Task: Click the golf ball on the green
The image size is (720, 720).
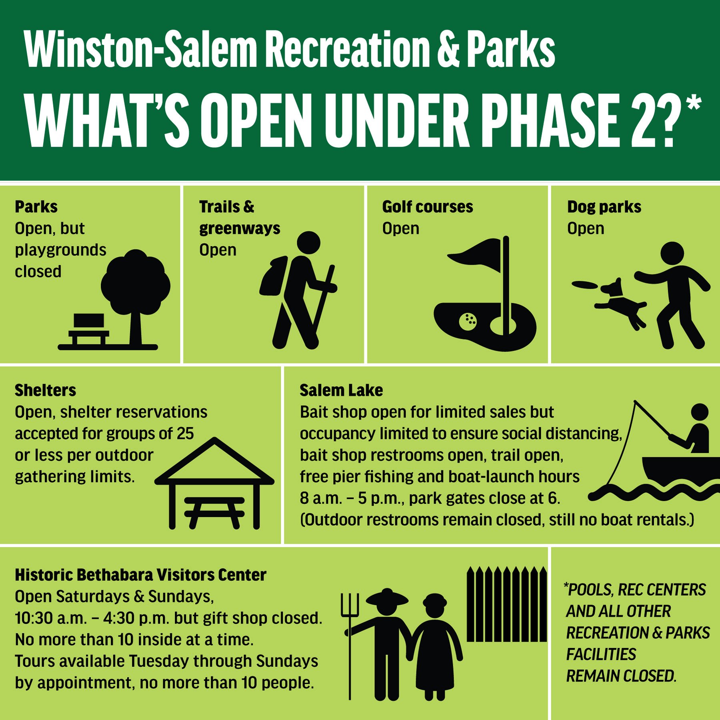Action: [x=468, y=322]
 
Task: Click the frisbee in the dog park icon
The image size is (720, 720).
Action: [x=584, y=285]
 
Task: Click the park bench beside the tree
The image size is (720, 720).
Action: [x=89, y=329]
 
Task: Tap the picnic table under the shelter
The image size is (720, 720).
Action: [x=214, y=512]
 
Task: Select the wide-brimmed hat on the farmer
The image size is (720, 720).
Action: [x=387, y=597]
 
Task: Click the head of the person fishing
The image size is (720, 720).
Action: [x=700, y=412]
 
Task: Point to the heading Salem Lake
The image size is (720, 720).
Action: [x=341, y=390]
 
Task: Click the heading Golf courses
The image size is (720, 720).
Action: [x=428, y=207]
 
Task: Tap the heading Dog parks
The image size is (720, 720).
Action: [x=604, y=207]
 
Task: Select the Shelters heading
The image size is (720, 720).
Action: [x=46, y=390]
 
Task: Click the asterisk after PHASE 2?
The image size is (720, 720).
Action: [x=693, y=102]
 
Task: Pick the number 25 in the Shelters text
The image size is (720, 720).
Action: [x=185, y=434]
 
